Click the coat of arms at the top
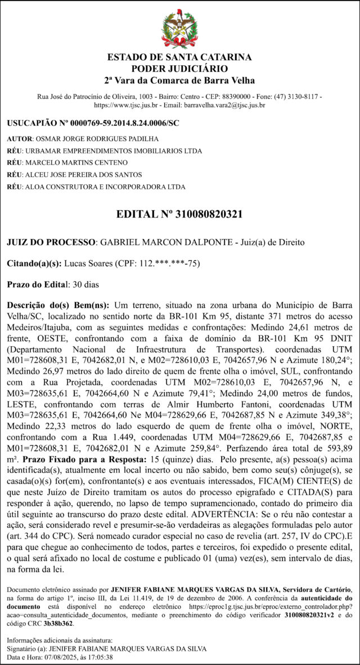(180, 29)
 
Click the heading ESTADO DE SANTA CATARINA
(179, 57)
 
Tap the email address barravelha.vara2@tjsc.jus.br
(220, 105)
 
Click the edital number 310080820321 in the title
(209, 214)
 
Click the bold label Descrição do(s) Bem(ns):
(58, 305)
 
